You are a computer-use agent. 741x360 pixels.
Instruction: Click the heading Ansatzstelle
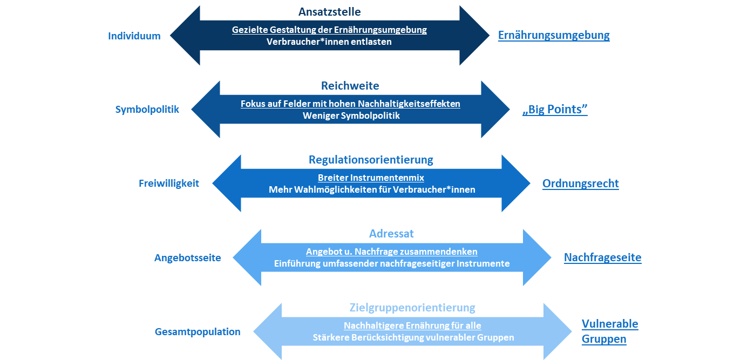click(329, 12)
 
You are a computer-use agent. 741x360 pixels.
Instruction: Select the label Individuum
click(134, 36)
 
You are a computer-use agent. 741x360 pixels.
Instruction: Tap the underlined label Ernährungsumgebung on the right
click(554, 36)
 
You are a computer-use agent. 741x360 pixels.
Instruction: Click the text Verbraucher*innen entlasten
click(329, 42)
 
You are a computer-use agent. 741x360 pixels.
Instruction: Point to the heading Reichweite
click(350, 86)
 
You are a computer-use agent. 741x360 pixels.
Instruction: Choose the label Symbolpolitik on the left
click(147, 110)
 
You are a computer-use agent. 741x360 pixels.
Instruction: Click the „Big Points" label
click(555, 110)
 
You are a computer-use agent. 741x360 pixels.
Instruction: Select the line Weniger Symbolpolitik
click(350, 116)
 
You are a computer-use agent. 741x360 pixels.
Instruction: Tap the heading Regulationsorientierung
click(371, 160)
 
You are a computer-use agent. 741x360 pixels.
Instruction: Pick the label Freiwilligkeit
click(169, 184)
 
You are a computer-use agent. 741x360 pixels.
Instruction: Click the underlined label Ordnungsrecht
click(580, 184)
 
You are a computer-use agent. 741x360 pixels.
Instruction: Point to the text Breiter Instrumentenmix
click(371, 178)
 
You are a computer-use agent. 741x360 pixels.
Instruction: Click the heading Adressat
click(391, 234)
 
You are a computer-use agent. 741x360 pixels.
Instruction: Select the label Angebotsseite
click(188, 258)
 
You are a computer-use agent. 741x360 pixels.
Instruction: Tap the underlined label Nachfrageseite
click(602, 258)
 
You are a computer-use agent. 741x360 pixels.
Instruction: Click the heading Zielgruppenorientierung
click(412, 308)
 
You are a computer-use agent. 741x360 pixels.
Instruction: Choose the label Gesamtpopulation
click(198, 331)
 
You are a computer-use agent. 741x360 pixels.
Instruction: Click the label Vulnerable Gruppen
click(609, 331)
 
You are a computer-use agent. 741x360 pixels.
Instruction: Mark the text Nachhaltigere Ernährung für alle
click(412, 325)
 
